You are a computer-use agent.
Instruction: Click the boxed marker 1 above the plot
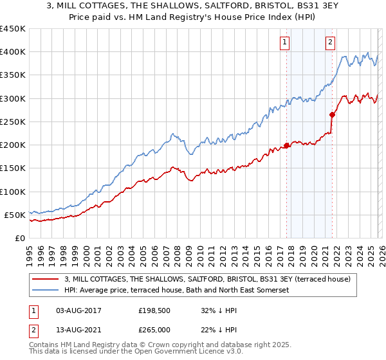[284, 42]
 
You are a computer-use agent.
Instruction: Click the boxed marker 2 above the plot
[330, 42]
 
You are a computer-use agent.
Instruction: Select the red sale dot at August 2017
[286, 145]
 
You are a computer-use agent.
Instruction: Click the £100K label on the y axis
[13, 192]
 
